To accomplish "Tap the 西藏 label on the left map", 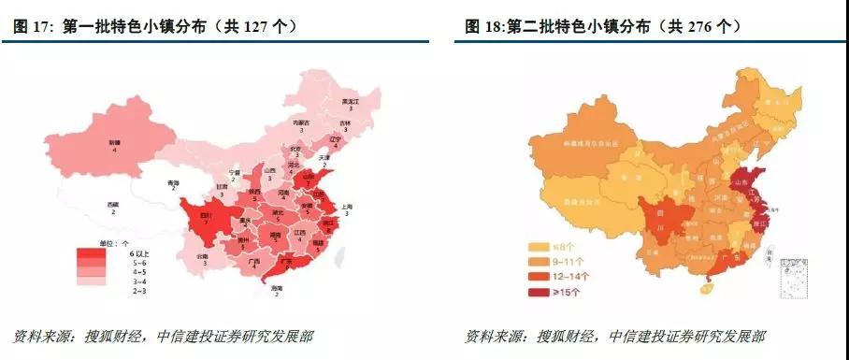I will point(113,205).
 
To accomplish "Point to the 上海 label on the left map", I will point(346,207).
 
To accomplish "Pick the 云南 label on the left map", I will point(202,254).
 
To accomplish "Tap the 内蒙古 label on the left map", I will point(300,122).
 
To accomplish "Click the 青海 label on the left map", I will point(173,183).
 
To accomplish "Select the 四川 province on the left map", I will point(206,216).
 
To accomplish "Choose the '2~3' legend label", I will point(137,291).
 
